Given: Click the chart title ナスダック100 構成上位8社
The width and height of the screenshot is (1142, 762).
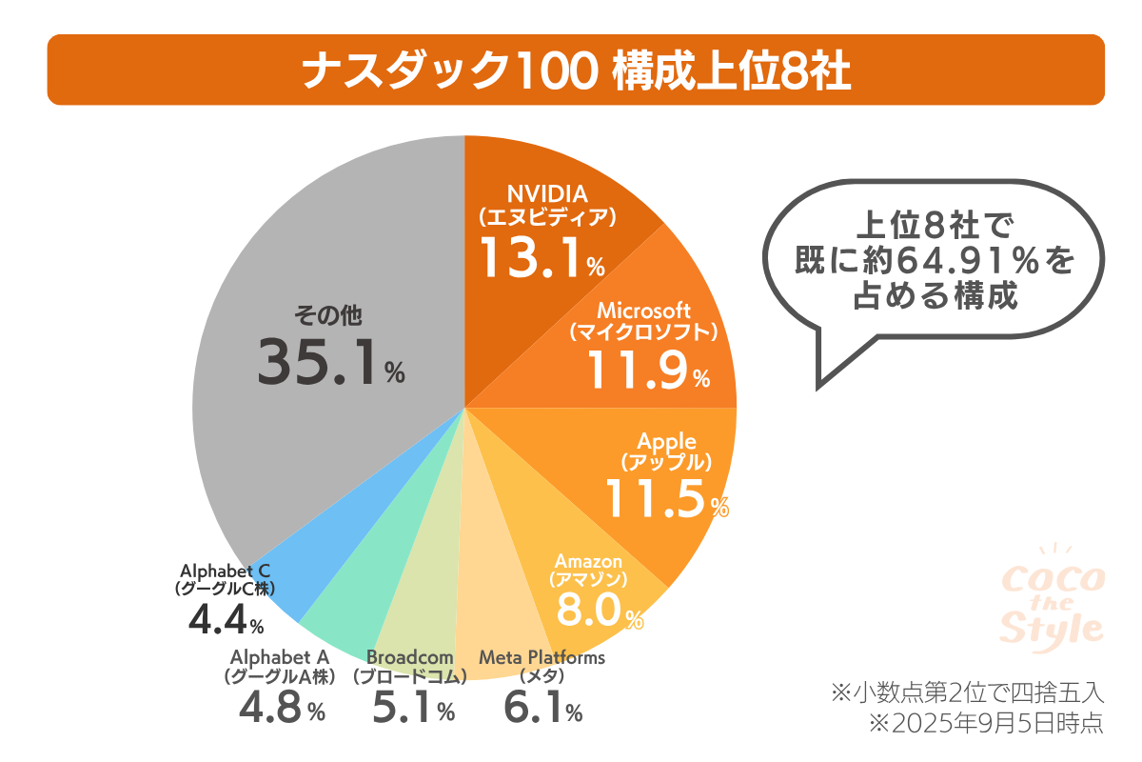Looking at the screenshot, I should coord(575,70).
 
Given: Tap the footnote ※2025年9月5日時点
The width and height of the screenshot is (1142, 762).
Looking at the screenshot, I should coord(985,722).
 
